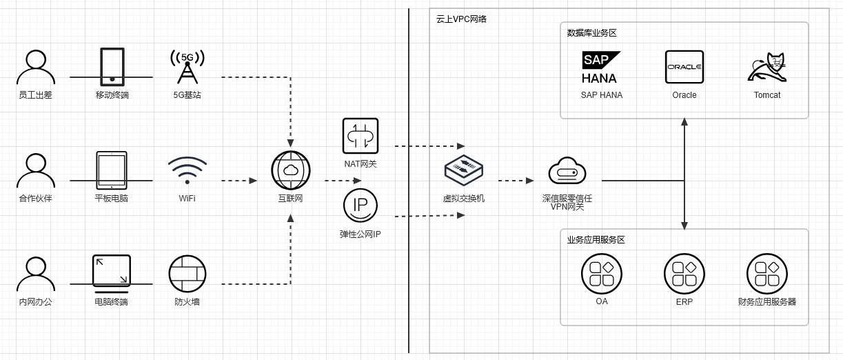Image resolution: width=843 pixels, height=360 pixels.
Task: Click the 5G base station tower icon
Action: pos(187,67)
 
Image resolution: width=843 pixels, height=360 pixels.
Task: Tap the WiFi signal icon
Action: pos(187,170)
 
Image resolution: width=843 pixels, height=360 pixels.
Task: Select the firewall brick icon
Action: pos(187,274)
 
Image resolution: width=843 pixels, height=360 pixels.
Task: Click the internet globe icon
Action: pos(290,170)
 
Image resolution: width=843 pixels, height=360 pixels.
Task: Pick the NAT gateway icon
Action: pos(360,136)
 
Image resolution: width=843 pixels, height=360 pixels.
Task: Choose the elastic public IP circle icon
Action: pos(360,206)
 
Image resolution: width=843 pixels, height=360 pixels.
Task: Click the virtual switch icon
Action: pos(463,170)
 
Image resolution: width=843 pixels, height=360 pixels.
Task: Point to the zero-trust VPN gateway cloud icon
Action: pos(567,171)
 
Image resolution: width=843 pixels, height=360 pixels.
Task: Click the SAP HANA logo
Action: pos(600,67)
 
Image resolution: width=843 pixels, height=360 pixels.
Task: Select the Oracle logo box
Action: pos(684,67)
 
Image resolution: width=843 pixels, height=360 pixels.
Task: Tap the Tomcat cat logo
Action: pos(767,67)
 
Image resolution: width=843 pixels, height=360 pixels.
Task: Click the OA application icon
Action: pos(602,274)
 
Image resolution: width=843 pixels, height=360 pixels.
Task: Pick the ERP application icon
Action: pos(684,274)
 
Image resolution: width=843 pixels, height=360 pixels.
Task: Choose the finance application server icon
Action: pos(767,274)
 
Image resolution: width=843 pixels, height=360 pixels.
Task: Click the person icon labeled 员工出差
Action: pos(35,67)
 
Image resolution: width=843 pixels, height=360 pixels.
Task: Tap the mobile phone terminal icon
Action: pos(112,67)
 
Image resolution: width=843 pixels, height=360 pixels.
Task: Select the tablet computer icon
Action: pos(111,170)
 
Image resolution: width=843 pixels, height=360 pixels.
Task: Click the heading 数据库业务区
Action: pos(591,32)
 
